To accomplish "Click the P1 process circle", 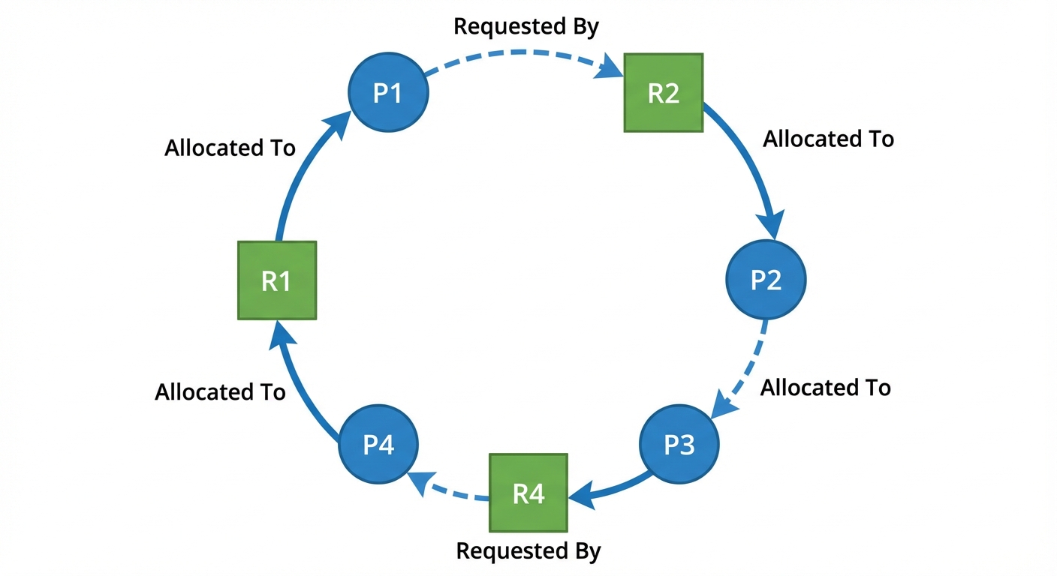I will [x=388, y=93].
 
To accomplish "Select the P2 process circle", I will [x=766, y=279].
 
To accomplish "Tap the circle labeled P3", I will [x=679, y=445].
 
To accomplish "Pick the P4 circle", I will [x=378, y=445].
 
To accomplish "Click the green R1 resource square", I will [x=277, y=280].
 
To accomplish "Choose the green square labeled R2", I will [x=664, y=93].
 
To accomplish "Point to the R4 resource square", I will [x=528, y=493].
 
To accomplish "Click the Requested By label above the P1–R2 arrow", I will [x=526, y=27].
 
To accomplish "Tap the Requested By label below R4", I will [x=528, y=551].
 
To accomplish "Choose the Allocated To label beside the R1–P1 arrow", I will [x=230, y=148].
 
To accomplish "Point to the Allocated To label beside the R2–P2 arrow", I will [x=828, y=139].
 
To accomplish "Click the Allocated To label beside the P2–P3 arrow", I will [x=825, y=388].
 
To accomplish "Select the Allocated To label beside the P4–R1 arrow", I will [x=220, y=392].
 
